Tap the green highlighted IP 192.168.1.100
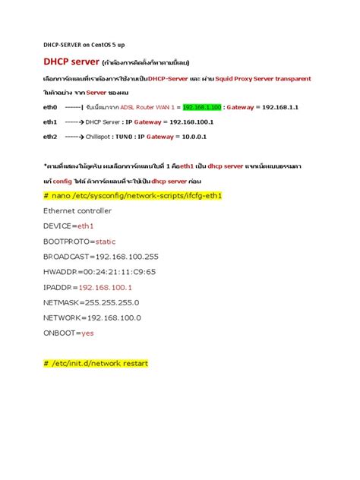point(203,107)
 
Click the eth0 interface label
point(50,107)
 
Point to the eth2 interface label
point(50,136)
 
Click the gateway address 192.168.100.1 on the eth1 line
point(192,122)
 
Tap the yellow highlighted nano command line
point(133,195)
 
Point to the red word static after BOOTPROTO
point(111,241)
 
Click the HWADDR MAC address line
point(99,272)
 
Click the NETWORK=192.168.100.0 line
point(92,317)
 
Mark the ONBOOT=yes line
point(68,333)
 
